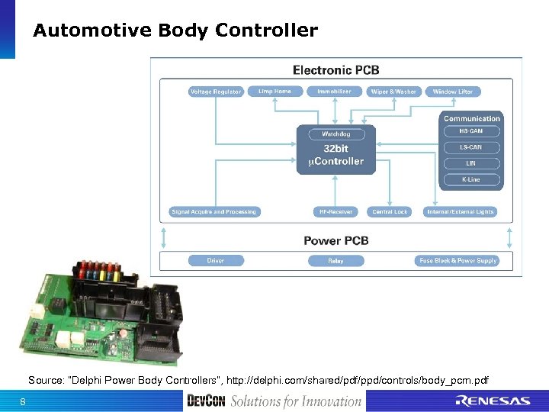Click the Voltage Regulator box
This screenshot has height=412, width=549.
click(216, 92)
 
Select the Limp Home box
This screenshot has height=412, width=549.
click(274, 92)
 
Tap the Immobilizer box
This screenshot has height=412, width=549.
click(335, 92)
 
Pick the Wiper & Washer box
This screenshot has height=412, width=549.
click(393, 92)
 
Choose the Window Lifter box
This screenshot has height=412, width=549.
click(453, 92)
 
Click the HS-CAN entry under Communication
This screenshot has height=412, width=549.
click(472, 131)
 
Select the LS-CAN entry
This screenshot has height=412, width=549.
click(472, 147)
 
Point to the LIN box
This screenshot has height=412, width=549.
click(472, 163)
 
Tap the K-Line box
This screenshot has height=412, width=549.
click(472, 180)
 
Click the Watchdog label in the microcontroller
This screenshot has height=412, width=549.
click(335, 134)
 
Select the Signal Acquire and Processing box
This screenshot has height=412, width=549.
click(214, 211)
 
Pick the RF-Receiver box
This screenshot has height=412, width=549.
click(335, 211)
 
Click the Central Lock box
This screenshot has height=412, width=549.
click(390, 211)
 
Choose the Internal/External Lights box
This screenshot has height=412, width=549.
click(461, 211)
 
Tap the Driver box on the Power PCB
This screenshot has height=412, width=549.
click(216, 260)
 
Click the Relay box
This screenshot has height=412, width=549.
click(335, 260)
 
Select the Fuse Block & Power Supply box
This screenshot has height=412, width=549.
click(457, 260)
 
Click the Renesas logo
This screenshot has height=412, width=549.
click(492, 401)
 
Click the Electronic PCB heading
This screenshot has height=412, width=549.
click(335, 70)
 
